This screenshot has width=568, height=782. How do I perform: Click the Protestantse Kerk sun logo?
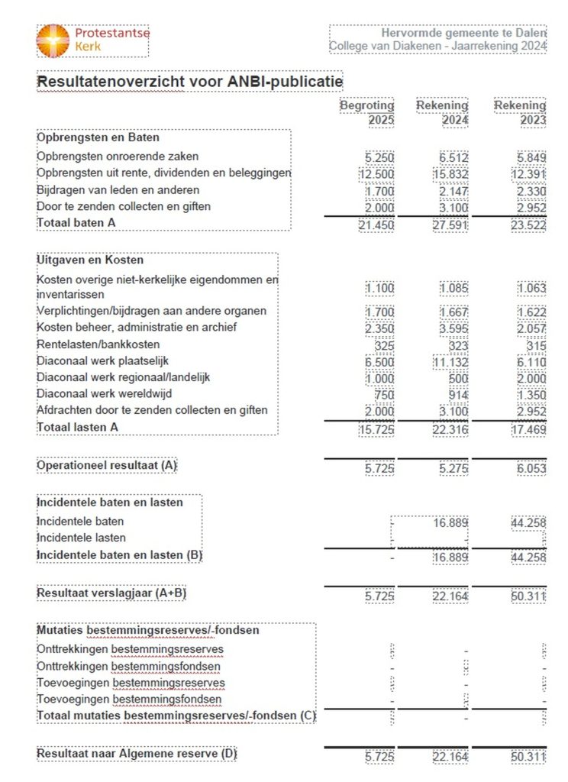(53, 40)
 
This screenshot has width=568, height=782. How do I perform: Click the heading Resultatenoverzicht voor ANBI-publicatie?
(189, 81)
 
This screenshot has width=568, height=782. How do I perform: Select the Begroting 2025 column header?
(367, 112)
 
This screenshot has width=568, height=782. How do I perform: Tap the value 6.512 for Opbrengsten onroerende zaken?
(453, 157)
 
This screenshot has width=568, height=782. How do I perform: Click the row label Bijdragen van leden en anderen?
(118, 189)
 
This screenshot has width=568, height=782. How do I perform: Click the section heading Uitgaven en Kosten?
(90, 260)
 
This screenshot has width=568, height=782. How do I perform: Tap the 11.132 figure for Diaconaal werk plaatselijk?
(450, 362)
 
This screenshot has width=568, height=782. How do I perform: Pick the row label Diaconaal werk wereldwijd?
(104, 394)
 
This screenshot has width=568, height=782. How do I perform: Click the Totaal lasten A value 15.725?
(376, 431)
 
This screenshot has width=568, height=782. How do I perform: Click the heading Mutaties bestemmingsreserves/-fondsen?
(147, 630)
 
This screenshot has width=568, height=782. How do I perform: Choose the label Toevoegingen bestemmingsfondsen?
(129, 699)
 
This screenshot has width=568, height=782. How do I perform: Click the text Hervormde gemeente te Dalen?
(463, 33)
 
